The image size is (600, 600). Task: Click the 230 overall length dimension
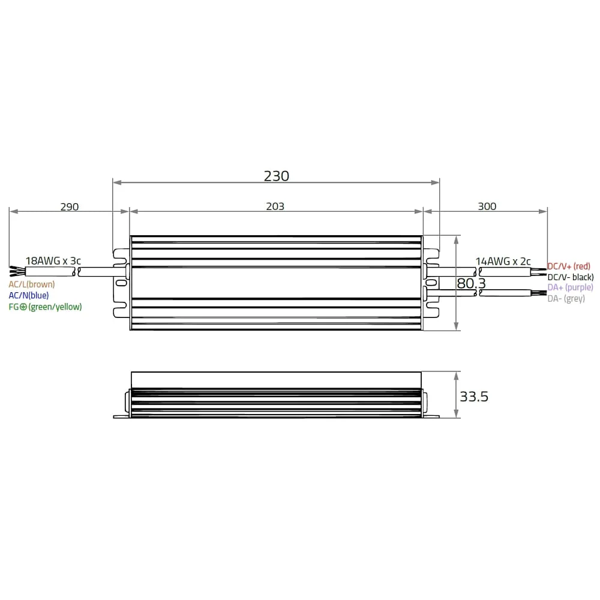tap(276, 176)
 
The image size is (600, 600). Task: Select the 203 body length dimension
tap(275, 206)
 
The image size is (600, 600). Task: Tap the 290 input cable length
tap(70, 206)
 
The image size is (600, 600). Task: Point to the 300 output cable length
tap(487, 206)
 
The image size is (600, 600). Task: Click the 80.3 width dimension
tap(471, 284)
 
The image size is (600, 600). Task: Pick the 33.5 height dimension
tap(474, 397)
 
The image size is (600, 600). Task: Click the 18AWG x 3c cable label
tap(53, 260)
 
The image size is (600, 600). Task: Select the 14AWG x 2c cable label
tap(503, 261)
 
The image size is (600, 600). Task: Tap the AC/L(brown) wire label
tap(32, 284)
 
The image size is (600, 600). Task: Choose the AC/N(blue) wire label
tap(29, 295)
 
